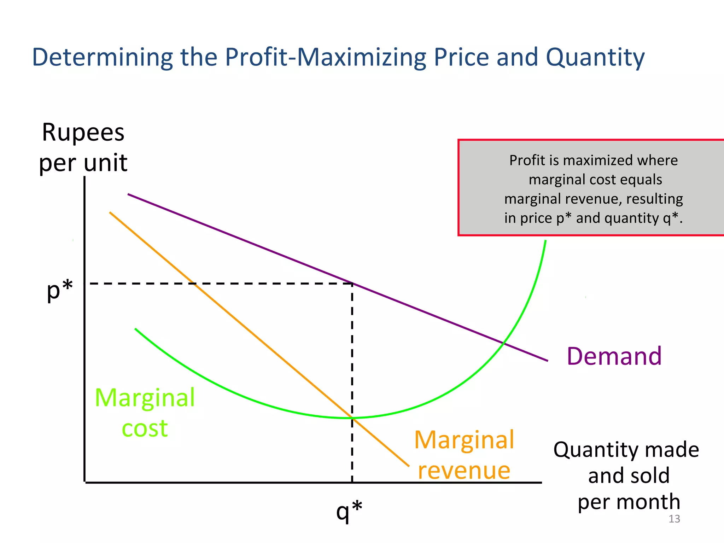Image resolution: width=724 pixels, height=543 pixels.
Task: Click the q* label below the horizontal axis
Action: [x=349, y=510]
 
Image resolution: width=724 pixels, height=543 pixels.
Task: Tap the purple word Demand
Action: [x=614, y=356]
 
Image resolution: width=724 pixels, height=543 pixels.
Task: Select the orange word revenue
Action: [x=464, y=471]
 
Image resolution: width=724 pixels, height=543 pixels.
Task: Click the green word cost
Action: [x=145, y=428]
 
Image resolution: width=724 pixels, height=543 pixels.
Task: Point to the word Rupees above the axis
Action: [x=83, y=133]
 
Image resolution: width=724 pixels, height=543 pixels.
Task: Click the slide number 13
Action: [x=674, y=519]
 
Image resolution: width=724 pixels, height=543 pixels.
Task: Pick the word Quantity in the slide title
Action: [x=595, y=57]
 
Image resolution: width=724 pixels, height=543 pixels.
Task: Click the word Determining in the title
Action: [x=103, y=57]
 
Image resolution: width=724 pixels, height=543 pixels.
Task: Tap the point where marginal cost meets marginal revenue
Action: [x=352, y=418]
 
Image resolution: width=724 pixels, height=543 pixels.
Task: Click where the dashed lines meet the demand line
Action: [x=352, y=283]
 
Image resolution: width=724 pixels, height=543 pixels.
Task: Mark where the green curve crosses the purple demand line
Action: [x=504, y=343]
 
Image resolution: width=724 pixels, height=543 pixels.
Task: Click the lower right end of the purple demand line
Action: [x=547, y=361]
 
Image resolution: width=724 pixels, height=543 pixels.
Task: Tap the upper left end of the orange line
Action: [x=110, y=212]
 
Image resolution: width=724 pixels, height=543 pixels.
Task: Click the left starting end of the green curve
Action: [x=135, y=329]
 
